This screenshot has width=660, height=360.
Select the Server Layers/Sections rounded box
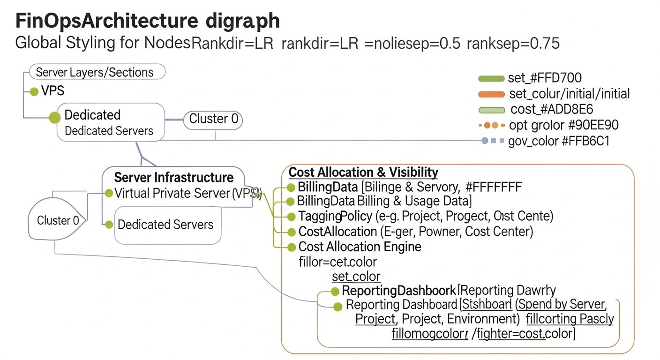(97, 72)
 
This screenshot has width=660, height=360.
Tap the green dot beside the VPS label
(34, 91)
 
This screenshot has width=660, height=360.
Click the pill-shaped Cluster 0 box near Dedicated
(213, 119)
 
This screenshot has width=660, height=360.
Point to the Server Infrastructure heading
(174, 178)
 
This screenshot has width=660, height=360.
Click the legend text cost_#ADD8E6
(552, 110)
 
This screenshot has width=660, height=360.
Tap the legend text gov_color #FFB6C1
(559, 141)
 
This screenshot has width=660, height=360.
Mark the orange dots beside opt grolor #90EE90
(491, 126)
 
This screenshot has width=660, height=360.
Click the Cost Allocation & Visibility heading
(363, 172)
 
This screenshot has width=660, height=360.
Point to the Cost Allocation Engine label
(360, 247)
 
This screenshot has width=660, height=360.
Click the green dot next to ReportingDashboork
(335, 292)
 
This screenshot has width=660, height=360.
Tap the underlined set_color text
(356, 277)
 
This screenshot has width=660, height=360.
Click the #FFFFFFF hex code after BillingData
(494, 187)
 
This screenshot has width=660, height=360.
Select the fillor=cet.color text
(337, 262)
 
